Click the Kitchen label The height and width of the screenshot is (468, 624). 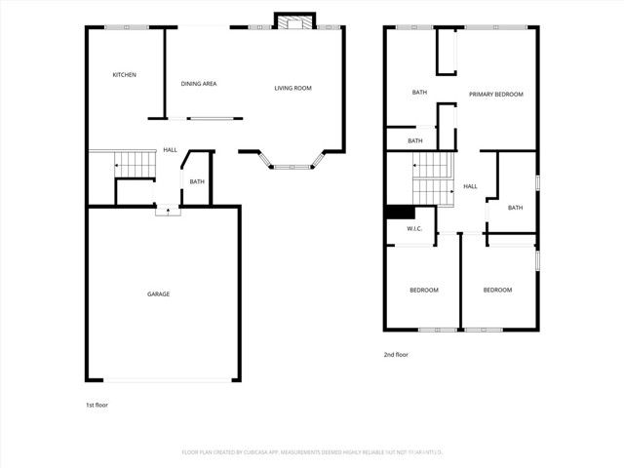coord(124,75)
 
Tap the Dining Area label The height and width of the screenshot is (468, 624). coord(199,84)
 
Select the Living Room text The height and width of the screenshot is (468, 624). coord(292,89)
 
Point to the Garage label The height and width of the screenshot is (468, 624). coord(159,293)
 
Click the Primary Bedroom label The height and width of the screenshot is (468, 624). coord(495,95)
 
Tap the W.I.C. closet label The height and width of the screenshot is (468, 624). coord(413,229)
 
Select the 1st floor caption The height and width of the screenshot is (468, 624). coord(97,404)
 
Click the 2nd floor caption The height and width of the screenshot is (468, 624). coord(396,355)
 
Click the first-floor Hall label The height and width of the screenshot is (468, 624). coord(170,150)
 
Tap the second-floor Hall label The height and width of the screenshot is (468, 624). coord(470,186)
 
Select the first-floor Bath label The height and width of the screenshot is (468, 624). coord(197,181)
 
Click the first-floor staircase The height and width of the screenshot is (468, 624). coord(136,166)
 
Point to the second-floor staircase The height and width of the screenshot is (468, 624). coord(434,179)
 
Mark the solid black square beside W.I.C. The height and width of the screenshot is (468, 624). coord(400,213)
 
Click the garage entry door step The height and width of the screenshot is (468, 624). coord(168,208)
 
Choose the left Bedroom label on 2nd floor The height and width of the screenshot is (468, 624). coord(423,291)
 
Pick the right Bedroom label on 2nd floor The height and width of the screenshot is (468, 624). coord(497,290)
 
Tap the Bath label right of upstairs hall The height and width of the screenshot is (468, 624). coord(515,208)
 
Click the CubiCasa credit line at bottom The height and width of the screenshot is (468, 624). coord(312,452)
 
